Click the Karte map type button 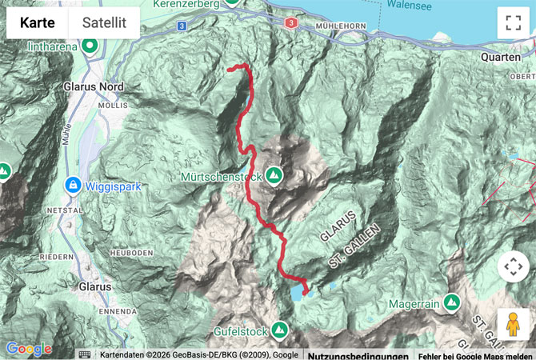38,23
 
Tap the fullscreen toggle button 513,23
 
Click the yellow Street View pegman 513,325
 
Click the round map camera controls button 513,266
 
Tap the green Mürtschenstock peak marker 274,174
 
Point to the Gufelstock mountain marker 279,329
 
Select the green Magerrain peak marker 451,303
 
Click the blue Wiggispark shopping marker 73,186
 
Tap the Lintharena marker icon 90,46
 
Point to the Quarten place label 501,58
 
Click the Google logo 28,349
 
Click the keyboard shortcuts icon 84,354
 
